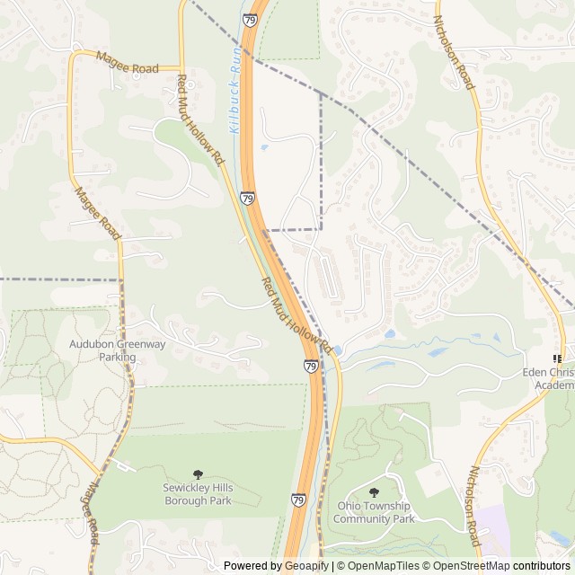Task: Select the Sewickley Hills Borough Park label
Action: pos(197,494)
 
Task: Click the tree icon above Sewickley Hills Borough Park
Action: pos(198,473)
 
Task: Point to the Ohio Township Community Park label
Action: pos(376,512)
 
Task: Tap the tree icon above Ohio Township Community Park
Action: pos(375,492)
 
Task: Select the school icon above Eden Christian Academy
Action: pos(557,358)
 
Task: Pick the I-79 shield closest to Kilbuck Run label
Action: pos(247,197)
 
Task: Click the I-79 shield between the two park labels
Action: pos(298,500)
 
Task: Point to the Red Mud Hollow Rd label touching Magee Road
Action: pos(199,119)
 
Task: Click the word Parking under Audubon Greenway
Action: pos(117,357)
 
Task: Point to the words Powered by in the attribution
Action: pos(251,566)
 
